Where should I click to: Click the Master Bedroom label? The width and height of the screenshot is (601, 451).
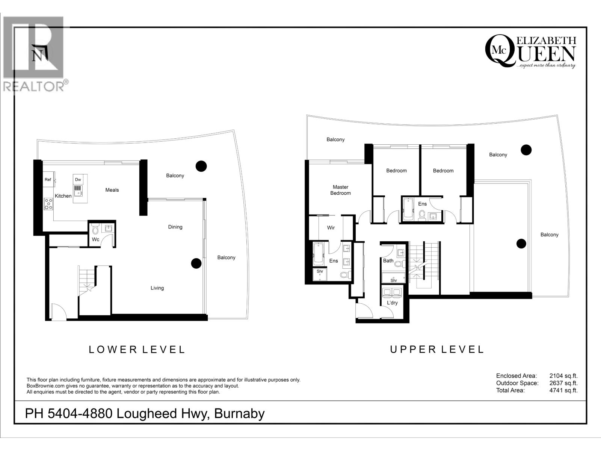pyautogui.click(x=340, y=190)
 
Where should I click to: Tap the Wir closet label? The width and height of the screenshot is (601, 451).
pyautogui.click(x=331, y=228)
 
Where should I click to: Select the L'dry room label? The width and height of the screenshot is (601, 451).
pyautogui.click(x=392, y=303)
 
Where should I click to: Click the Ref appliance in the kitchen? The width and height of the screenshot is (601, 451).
pyautogui.click(x=48, y=180)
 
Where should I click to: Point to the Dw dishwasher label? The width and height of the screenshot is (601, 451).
pyautogui.click(x=78, y=180)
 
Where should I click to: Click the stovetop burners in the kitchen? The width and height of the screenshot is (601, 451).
pyautogui.click(x=48, y=204)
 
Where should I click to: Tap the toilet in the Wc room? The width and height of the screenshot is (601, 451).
pyautogui.click(x=95, y=229)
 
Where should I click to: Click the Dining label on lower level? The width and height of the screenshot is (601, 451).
pyautogui.click(x=175, y=227)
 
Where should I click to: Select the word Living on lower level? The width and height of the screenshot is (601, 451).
pyautogui.click(x=157, y=288)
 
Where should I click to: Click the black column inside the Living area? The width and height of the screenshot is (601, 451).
pyautogui.click(x=196, y=263)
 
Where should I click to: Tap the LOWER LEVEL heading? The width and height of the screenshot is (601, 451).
pyautogui.click(x=137, y=350)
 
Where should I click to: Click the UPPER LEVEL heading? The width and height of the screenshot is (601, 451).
pyautogui.click(x=437, y=350)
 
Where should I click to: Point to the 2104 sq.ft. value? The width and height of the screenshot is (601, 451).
pyautogui.click(x=563, y=376)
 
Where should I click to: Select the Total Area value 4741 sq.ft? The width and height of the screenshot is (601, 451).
pyautogui.click(x=563, y=390)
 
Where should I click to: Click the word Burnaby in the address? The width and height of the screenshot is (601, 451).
pyautogui.click(x=239, y=413)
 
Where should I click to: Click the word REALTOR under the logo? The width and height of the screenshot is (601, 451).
pyautogui.click(x=34, y=86)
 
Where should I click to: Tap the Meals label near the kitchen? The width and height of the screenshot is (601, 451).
pyautogui.click(x=112, y=190)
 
